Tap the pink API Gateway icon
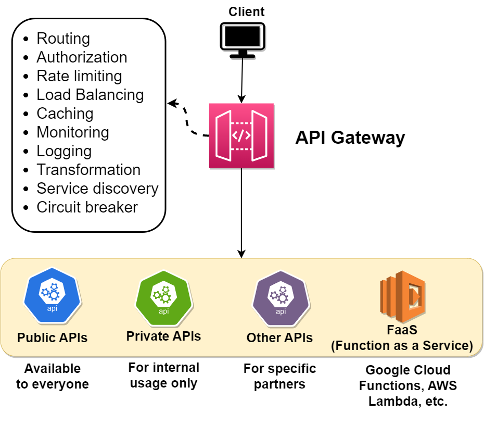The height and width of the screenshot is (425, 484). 241,136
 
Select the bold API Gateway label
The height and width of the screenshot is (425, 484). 350,137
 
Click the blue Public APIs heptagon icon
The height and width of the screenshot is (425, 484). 53,295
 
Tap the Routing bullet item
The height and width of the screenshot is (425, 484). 63,39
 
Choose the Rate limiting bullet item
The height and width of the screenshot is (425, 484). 79,76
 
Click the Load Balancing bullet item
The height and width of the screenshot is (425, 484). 90,95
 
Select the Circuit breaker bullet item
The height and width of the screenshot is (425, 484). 87,207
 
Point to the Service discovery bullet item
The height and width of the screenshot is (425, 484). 97,189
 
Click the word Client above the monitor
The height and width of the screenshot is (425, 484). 247,11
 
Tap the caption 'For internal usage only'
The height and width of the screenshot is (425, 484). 163,376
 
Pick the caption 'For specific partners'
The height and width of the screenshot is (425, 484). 279,377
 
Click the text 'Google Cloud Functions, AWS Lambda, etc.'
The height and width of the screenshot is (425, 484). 407,386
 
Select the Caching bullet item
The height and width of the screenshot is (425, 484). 65,114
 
